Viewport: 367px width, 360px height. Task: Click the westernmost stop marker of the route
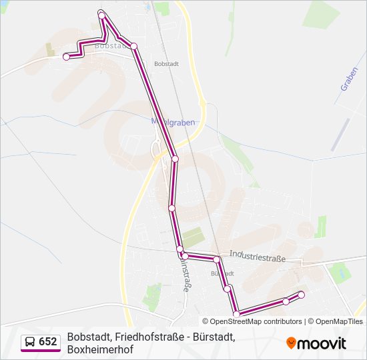point(66,57)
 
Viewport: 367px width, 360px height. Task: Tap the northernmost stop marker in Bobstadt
point(101,15)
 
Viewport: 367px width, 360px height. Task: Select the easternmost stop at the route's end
point(301,295)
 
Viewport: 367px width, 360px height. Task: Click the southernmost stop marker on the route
point(236,314)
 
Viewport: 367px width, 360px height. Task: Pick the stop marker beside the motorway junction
point(175,159)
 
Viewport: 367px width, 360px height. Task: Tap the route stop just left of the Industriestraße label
point(217,259)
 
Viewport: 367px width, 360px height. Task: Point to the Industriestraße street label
point(257,256)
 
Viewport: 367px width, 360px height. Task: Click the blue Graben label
point(349,78)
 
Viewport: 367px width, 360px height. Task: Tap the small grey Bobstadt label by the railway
point(165,64)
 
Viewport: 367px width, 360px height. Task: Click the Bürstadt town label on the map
point(222,273)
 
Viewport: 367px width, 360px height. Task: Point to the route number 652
point(47,342)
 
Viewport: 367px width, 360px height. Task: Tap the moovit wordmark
point(322,343)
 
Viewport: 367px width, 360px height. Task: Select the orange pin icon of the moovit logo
point(291,343)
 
